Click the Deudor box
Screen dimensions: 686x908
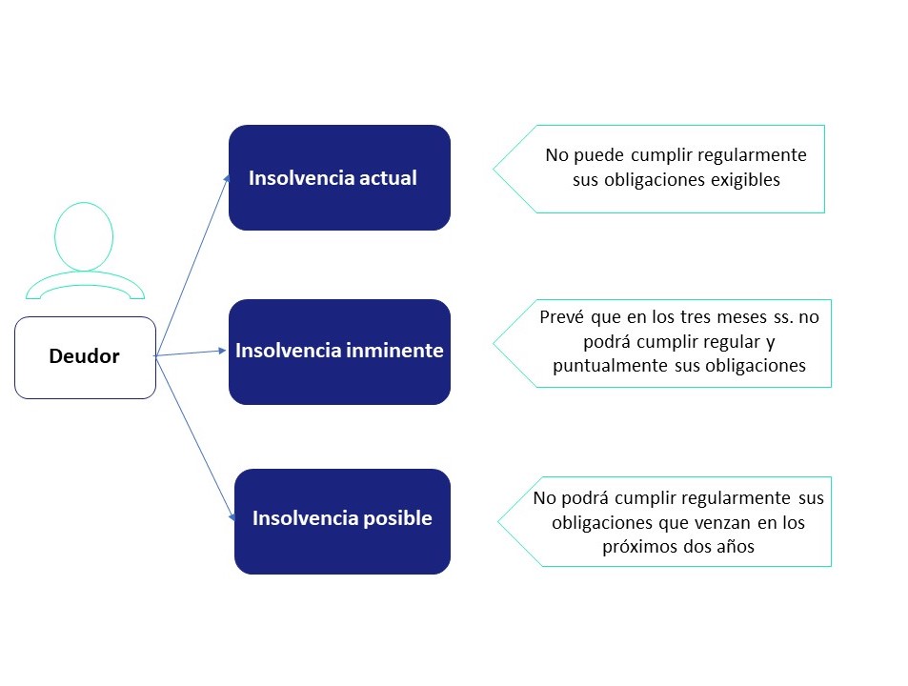point(85,357)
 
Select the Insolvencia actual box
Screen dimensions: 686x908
point(339,177)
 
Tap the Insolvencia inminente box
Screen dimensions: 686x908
point(339,352)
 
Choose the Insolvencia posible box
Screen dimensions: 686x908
point(342,521)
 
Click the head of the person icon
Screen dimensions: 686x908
point(84,235)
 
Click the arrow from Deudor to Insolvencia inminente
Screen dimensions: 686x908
point(191,353)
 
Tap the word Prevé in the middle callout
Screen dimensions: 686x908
point(562,316)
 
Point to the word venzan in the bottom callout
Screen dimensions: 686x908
point(699,522)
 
